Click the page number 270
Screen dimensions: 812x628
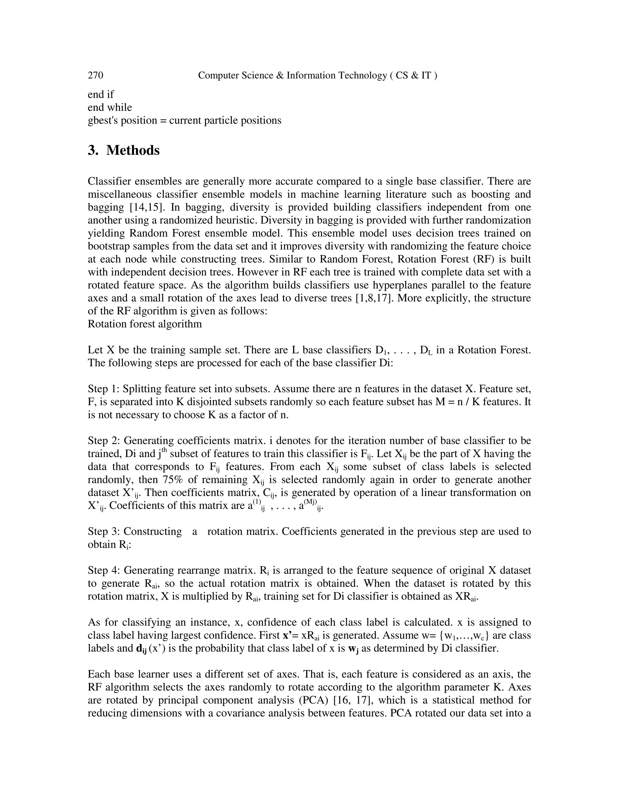tap(95, 75)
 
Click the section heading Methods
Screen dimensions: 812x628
tap(133, 150)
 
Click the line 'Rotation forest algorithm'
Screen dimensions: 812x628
tap(145, 324)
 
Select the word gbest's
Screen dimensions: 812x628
tap(103, 120)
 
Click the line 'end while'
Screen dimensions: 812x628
tap(110, 108)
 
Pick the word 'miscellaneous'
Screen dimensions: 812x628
tap(120, 195)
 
